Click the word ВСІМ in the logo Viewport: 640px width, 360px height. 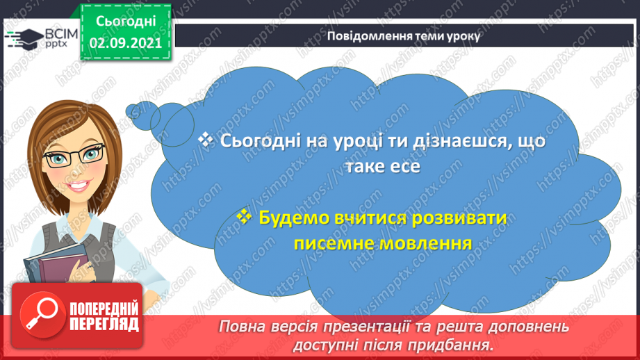coord(58,33)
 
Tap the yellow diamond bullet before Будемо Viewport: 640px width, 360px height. coord(243,217)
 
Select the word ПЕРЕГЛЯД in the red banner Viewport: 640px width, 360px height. coord(104,323)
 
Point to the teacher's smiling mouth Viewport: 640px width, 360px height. coord(76,187)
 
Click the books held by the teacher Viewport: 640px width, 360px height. coord(53,264)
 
